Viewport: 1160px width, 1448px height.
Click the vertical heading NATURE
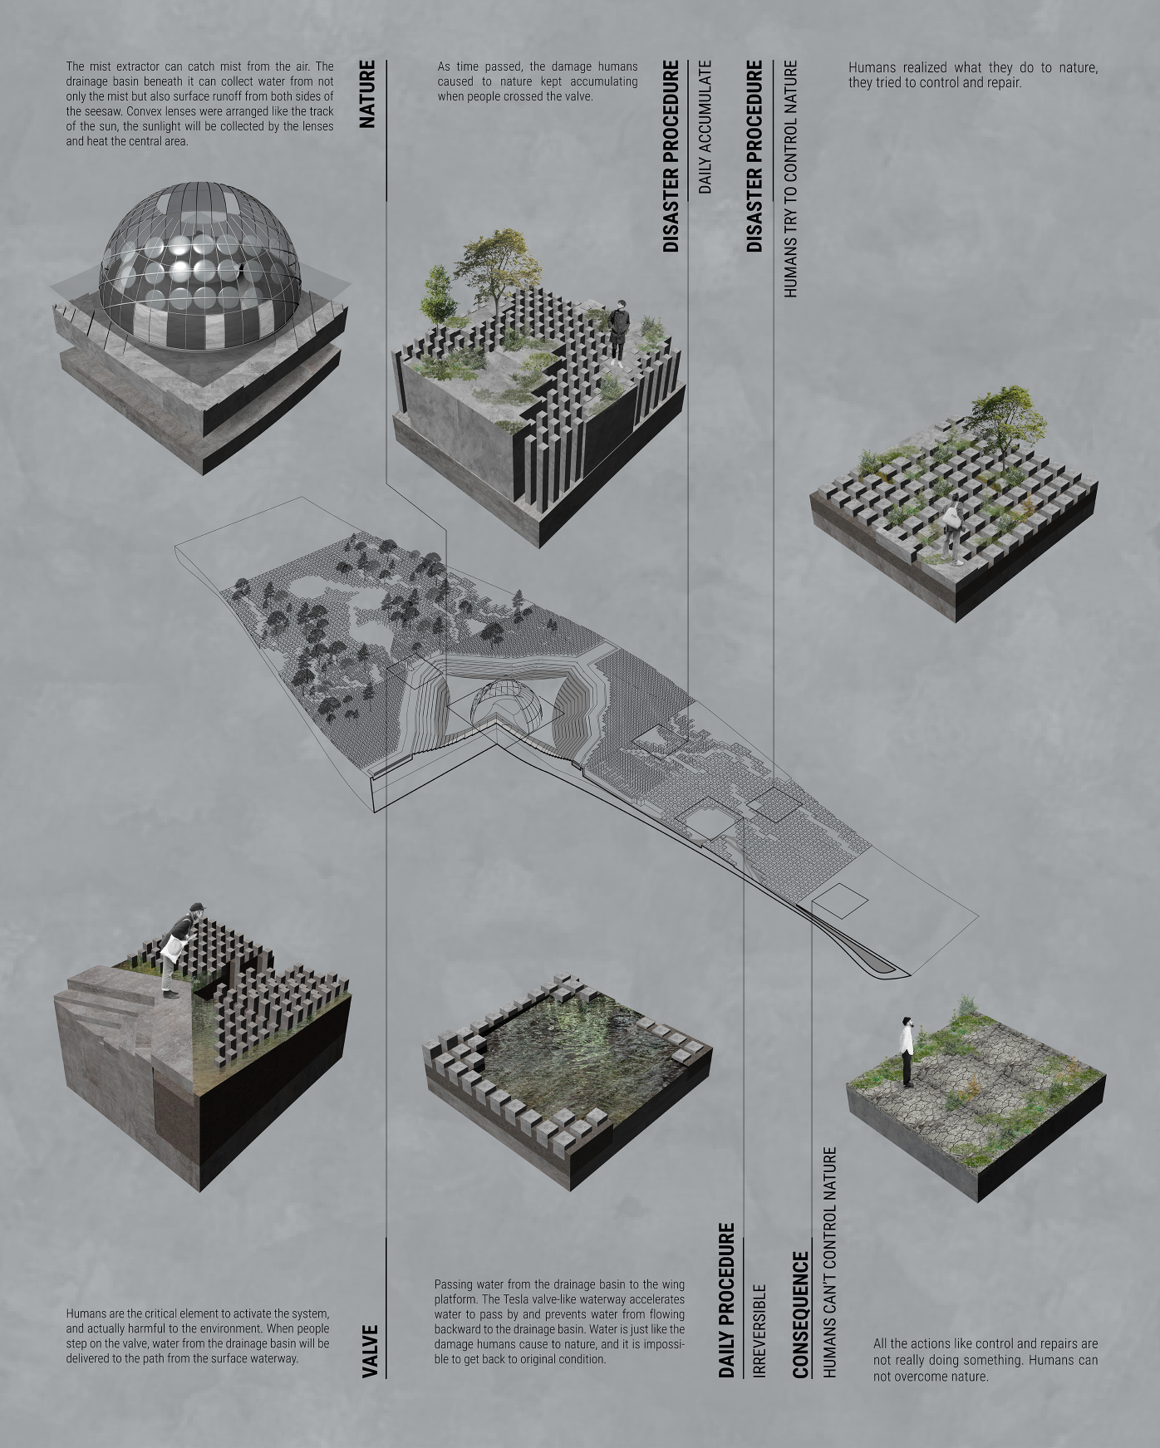(x=367, y=94)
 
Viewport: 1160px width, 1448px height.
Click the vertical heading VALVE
(x=371, y=1351)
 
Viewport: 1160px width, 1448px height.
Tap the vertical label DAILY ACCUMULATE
(x=705, y=126)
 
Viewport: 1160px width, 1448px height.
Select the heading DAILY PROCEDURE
(x=727, y=1300)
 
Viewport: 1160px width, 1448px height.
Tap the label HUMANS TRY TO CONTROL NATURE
(x=790, y=178)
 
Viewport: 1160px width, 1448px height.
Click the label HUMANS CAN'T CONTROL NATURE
(x=829, y=1263)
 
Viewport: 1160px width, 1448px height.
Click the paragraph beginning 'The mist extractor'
(x=199, y=104)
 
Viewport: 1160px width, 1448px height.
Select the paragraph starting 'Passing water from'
(x=559, y=1322)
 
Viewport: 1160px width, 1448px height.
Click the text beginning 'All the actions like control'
(x=985, y=1360)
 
